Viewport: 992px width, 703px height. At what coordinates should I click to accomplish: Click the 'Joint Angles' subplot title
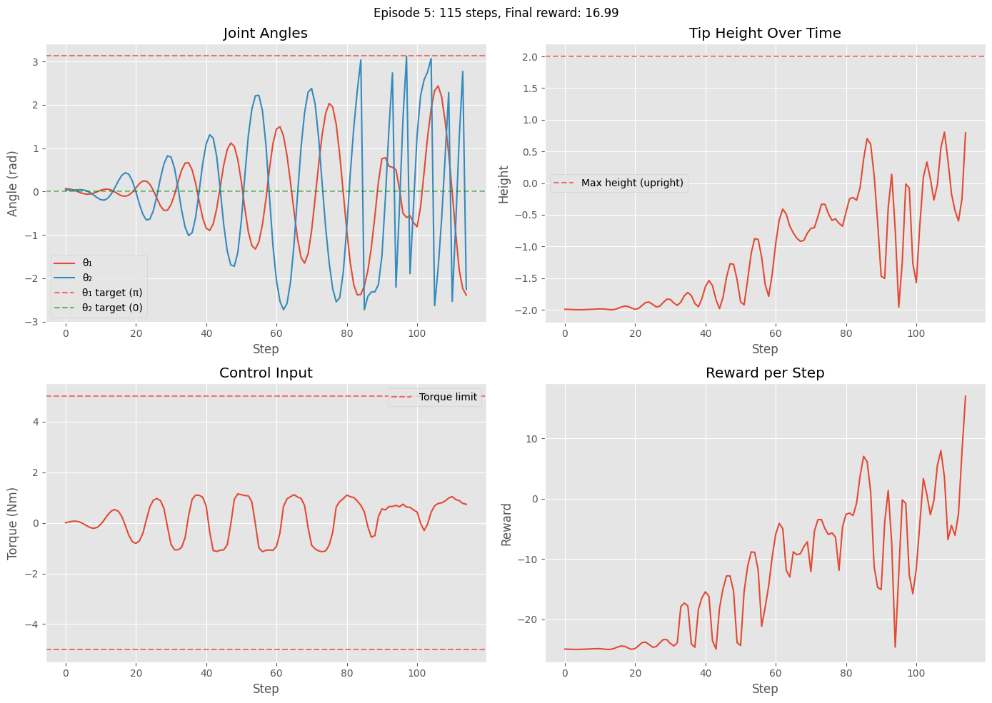click(x=265, y=34)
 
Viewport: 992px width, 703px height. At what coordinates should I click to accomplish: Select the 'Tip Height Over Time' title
click(x=764, y=34)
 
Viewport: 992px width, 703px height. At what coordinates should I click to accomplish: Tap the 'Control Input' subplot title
click(x=265, y=373)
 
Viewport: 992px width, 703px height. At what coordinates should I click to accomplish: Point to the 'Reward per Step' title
click(x=764, y=373)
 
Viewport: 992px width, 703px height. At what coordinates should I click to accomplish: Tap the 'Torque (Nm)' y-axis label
click(x=13, y=522)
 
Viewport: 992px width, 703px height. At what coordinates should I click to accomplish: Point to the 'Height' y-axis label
click(x=504, y=184)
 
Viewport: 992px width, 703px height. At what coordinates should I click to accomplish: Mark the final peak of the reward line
click(x=966, y=396)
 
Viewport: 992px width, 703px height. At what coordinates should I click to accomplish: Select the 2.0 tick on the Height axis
click(x=529, y=56)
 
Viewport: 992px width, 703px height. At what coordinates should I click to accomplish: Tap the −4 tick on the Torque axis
click(x=33, y=624)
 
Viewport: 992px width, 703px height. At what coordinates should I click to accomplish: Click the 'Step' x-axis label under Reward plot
click(x=764, y=689)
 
